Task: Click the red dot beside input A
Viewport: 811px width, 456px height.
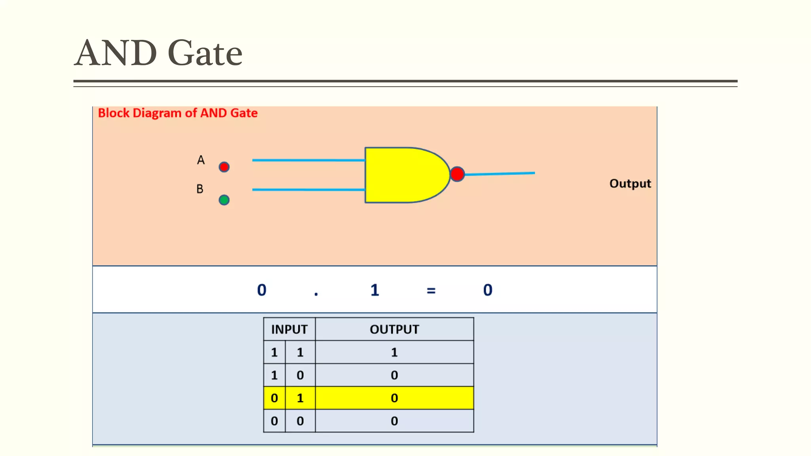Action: pyautogui.click(x=224, y=167)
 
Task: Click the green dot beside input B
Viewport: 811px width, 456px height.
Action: pyautogui.click(x=224, y=200)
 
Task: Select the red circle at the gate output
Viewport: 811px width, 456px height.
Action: pyautogui.click(x=457, y=174)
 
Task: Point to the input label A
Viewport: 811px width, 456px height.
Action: pyautogui.click(x=201, y=160)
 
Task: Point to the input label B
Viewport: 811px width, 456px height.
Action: pyautogui.click(x=200, y=189)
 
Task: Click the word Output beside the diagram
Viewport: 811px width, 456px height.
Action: pyautogui.click(x=630, y=184)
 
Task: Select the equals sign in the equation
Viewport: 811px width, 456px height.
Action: pyautogui.click(x=431, y=291)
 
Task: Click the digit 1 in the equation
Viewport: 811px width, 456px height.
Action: pyautogui.click(x=375, y=290)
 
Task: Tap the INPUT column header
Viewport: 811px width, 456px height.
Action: pyautogui.click(x=289, y=329)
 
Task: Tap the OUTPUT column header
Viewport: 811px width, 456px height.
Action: pyautogui.click(x=394, y=329)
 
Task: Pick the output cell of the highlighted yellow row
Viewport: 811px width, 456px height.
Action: pyautogui.click(x=394, y=398)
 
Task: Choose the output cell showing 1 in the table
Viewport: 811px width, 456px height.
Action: pyautogui.click(x=394, y=352)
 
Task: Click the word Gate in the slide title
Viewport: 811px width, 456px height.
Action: pyautogui.click(x=205, y=53)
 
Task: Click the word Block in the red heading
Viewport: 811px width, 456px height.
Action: pyautogui.click(x=114, y=113)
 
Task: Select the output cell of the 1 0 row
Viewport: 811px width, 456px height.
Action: pyautogui.click(x=394, y=375)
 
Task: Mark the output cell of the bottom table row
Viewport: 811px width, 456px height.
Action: pyautogui.click(x=394, y=421)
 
